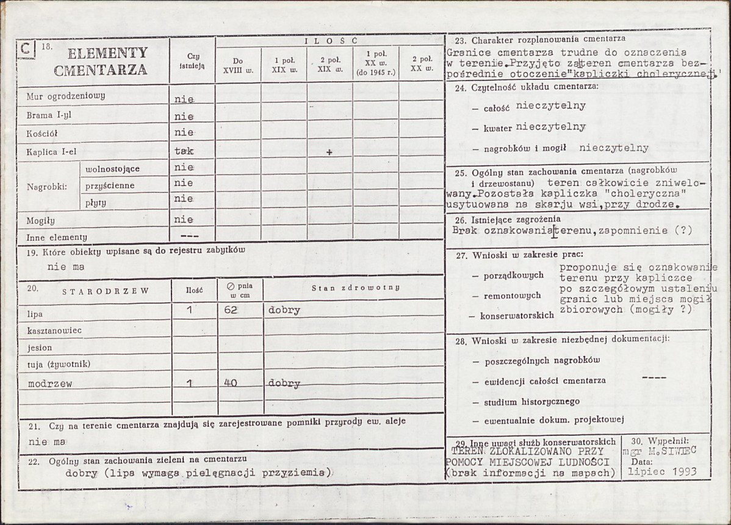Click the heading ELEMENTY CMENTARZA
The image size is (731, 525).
101,61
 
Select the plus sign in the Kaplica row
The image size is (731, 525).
329,152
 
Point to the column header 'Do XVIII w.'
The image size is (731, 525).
239,65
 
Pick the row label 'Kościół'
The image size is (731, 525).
41,132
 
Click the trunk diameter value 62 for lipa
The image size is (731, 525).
230,310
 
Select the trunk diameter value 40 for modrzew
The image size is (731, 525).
230,384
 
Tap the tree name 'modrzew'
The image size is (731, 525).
50,384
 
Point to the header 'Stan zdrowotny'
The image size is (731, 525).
355,287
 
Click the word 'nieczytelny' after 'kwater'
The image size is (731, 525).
550,127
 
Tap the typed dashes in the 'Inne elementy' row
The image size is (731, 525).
190,236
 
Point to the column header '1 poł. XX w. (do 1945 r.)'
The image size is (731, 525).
376,65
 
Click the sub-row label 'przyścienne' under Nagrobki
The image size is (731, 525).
110,185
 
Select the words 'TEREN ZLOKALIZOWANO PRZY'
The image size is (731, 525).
527,452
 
